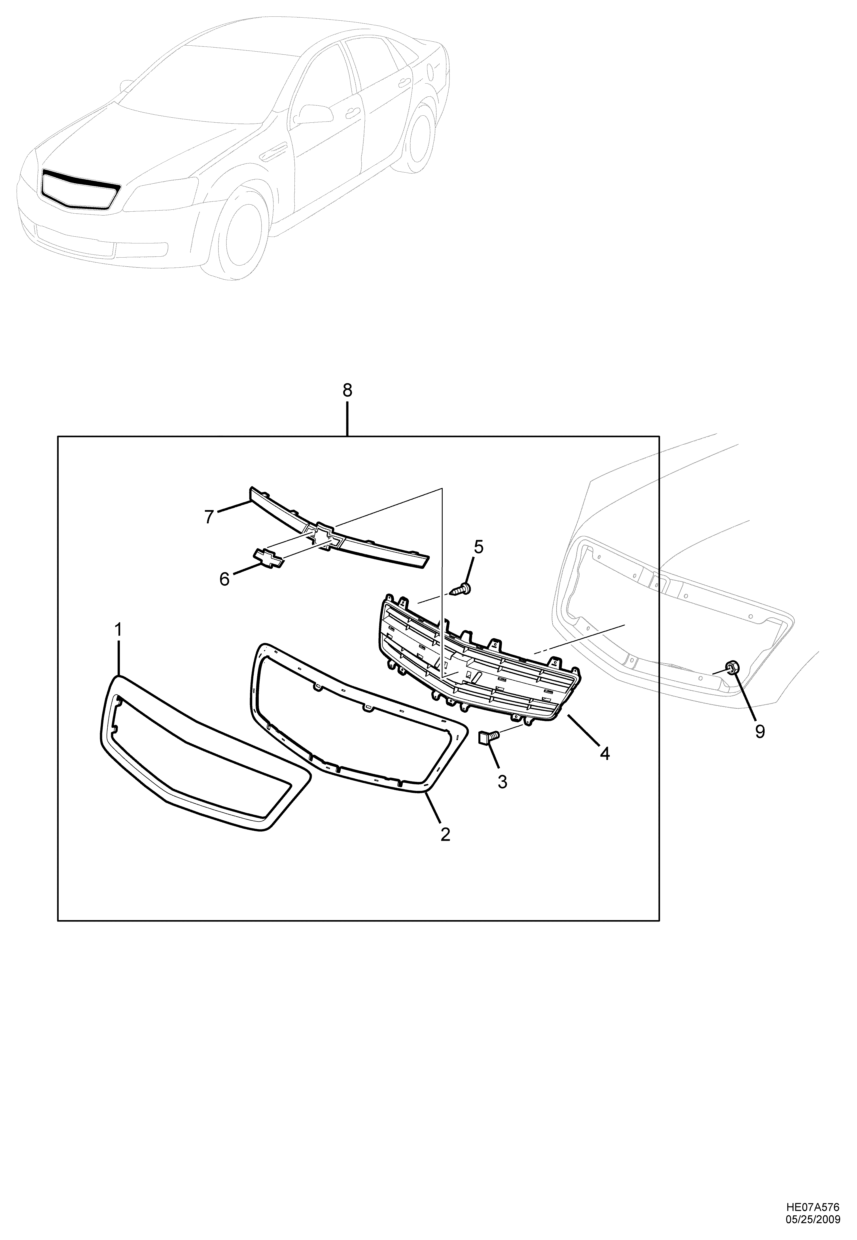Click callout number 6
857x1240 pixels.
224,579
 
